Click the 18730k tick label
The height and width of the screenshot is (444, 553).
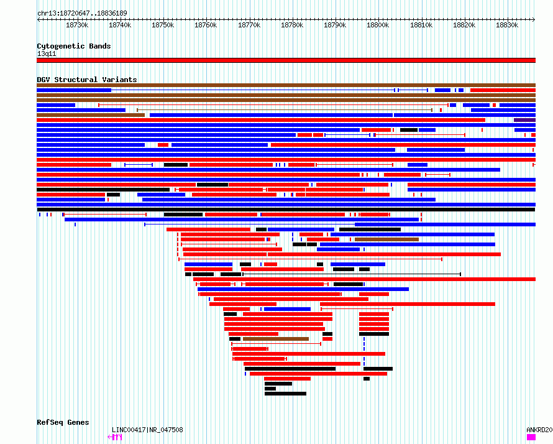77,25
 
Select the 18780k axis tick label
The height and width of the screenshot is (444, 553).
292,25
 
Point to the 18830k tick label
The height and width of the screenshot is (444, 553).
507,25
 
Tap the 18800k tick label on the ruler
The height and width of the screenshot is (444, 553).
378,25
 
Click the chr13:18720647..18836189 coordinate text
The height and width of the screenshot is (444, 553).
82,14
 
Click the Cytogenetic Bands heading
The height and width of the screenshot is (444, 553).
74,46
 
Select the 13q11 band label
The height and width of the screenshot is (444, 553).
47,53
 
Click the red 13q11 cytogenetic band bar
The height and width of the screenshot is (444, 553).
286,60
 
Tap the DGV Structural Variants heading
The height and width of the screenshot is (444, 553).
87,80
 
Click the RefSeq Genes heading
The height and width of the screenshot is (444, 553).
63,422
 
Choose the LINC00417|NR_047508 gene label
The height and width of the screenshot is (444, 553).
147,430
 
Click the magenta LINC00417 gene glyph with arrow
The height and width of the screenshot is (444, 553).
114,437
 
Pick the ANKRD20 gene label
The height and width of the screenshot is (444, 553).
539,430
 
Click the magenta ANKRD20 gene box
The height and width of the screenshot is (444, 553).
531,437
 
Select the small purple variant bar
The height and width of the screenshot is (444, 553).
525,120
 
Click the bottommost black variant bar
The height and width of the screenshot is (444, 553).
285,394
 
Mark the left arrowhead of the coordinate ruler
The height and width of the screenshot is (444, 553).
38,20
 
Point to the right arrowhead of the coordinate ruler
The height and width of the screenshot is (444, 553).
534,20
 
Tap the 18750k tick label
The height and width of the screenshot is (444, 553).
163,25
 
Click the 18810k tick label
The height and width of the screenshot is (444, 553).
421,25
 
